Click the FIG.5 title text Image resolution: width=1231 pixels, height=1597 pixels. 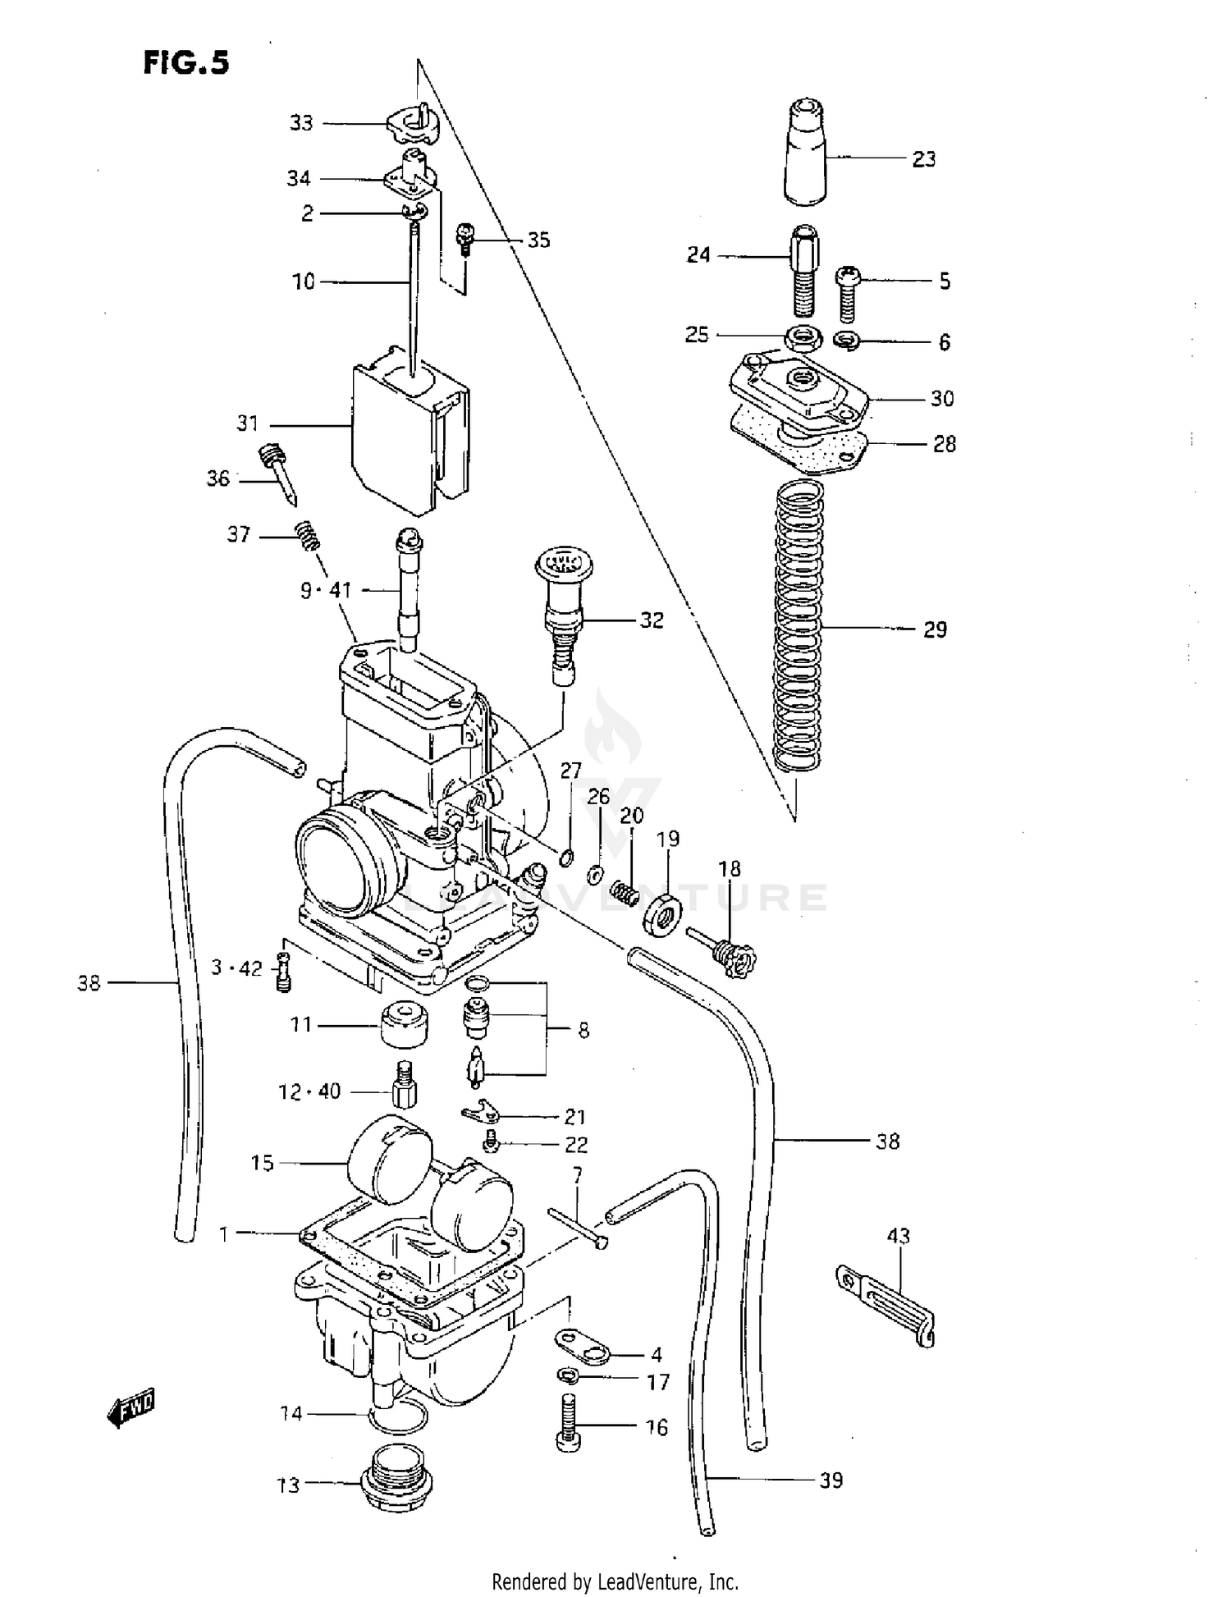click(186, 62)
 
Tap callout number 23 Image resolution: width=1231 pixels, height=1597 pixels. click(924, 159)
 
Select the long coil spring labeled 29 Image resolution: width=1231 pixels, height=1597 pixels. click(798, 625)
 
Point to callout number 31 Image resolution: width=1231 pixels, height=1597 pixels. click(247, 423)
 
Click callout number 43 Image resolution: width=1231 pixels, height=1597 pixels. click(899, 1235)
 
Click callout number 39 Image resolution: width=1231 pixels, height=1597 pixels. click(831, 1480)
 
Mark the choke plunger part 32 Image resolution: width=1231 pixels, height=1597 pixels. click(563, 611)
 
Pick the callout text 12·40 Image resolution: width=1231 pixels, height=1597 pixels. click(309, 1091)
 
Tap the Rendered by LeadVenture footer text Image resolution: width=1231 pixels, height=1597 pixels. click(615, 1581)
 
